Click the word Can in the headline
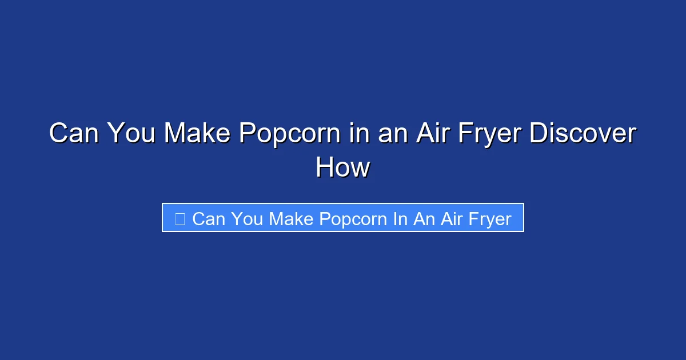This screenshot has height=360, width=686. [73, 134]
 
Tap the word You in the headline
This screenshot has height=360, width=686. [131, 134]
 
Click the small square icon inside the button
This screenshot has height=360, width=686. [180, 218]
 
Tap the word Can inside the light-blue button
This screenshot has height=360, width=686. [208, 219]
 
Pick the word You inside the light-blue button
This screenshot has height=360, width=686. [247, 219]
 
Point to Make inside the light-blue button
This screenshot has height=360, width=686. [292, 219]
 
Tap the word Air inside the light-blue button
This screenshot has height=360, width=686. [451, 219]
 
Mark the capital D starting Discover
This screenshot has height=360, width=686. [538, 134]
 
